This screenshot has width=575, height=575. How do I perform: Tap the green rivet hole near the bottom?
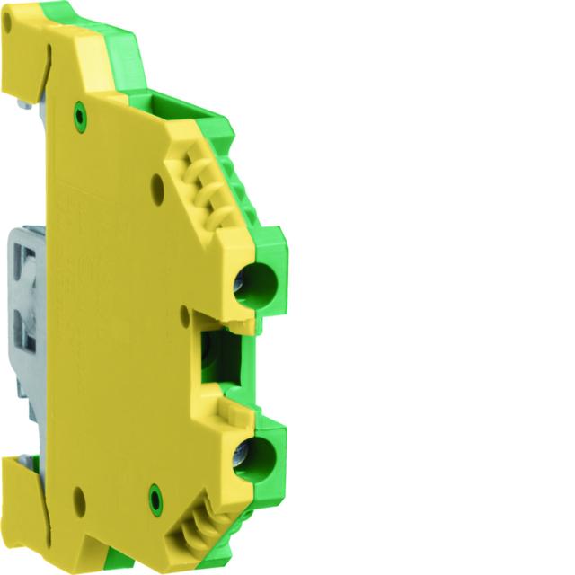[155, 493]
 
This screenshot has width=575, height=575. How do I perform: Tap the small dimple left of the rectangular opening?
[185, 314]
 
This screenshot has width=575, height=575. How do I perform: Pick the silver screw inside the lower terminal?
[240, 458]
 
